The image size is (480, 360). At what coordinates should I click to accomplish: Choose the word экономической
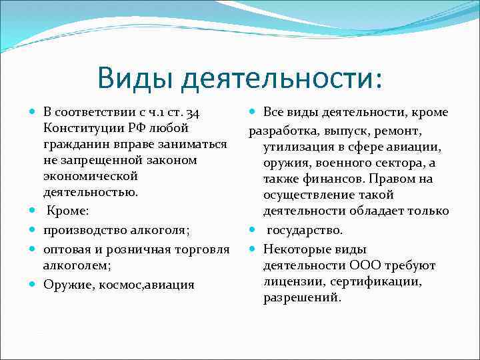(90, 176)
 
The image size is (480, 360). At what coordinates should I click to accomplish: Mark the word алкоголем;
(73, 265)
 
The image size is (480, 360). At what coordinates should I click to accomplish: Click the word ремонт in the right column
(400, 130)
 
